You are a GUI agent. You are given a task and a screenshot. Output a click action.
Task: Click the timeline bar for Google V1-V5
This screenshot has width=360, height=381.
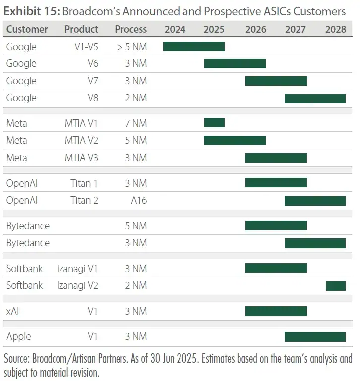click(193, 47)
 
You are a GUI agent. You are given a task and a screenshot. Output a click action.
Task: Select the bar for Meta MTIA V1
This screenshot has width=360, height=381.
click(214, 123)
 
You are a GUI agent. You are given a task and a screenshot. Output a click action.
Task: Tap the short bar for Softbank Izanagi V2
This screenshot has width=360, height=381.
click(335, 286)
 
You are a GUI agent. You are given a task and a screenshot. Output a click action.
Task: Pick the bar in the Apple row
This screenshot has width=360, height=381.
click(315, 337)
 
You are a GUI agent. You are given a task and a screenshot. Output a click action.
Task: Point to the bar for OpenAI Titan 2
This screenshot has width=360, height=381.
click(315, 201)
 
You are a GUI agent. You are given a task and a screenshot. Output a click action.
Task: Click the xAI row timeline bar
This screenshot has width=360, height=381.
click(276, 311)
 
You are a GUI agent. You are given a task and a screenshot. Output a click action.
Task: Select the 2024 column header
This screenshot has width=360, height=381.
click(175, 29)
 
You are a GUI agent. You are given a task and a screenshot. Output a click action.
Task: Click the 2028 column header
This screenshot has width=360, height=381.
click(336, 29)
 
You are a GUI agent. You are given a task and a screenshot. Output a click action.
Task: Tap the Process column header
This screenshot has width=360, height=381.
click(131, 29)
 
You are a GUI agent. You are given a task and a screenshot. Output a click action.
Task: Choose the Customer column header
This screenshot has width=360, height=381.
click(27, 29)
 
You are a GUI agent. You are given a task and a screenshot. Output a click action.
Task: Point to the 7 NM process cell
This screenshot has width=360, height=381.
click(135, 123)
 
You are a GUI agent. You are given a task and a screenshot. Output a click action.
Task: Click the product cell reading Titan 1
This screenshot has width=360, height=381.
click(84, 183)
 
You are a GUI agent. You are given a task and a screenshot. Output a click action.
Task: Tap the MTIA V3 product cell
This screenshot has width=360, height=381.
click(81, 158)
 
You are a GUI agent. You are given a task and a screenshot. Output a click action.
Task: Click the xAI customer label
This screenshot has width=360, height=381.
click(12, 311)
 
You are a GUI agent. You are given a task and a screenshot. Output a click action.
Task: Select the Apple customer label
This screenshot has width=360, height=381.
click(19, 337)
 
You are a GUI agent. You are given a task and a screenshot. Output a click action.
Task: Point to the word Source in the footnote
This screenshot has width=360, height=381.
click(19, 358)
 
